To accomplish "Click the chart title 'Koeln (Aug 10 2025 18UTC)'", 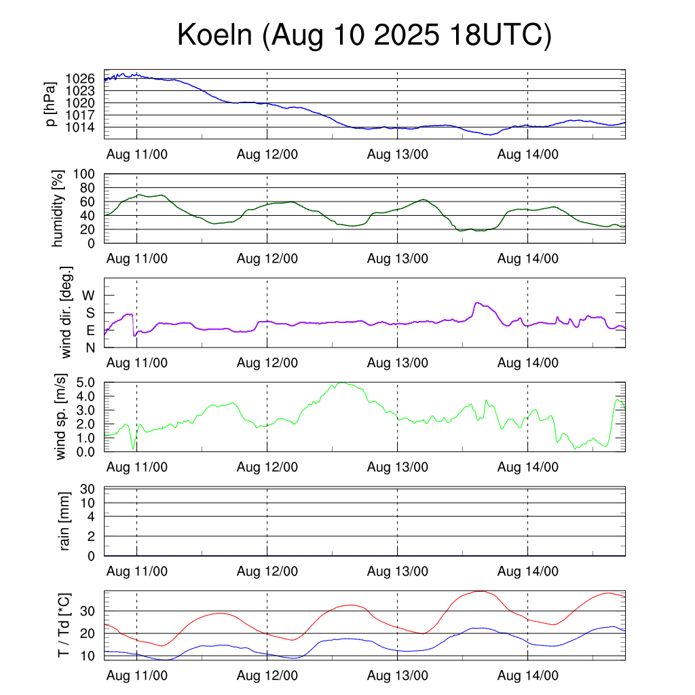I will pyautogui.click(x=364, y=35).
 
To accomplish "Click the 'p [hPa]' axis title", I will pyautogui.click(x=51, y=104).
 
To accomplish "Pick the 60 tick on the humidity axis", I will pyautogui.click(x=91, y=202).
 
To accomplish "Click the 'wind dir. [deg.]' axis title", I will pyautogui.click(x=66, y=312).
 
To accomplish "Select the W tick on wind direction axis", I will pyautogui.click(x=89, y=295).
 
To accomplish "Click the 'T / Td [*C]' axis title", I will pyautogui.click(x=63, y=625).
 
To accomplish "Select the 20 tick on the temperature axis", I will pyautogui.click(x=91, y=633).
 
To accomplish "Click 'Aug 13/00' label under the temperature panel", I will pyautogui.click(x=398, y=676).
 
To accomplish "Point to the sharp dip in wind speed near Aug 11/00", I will pyautogui.click(x=133, y=448).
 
